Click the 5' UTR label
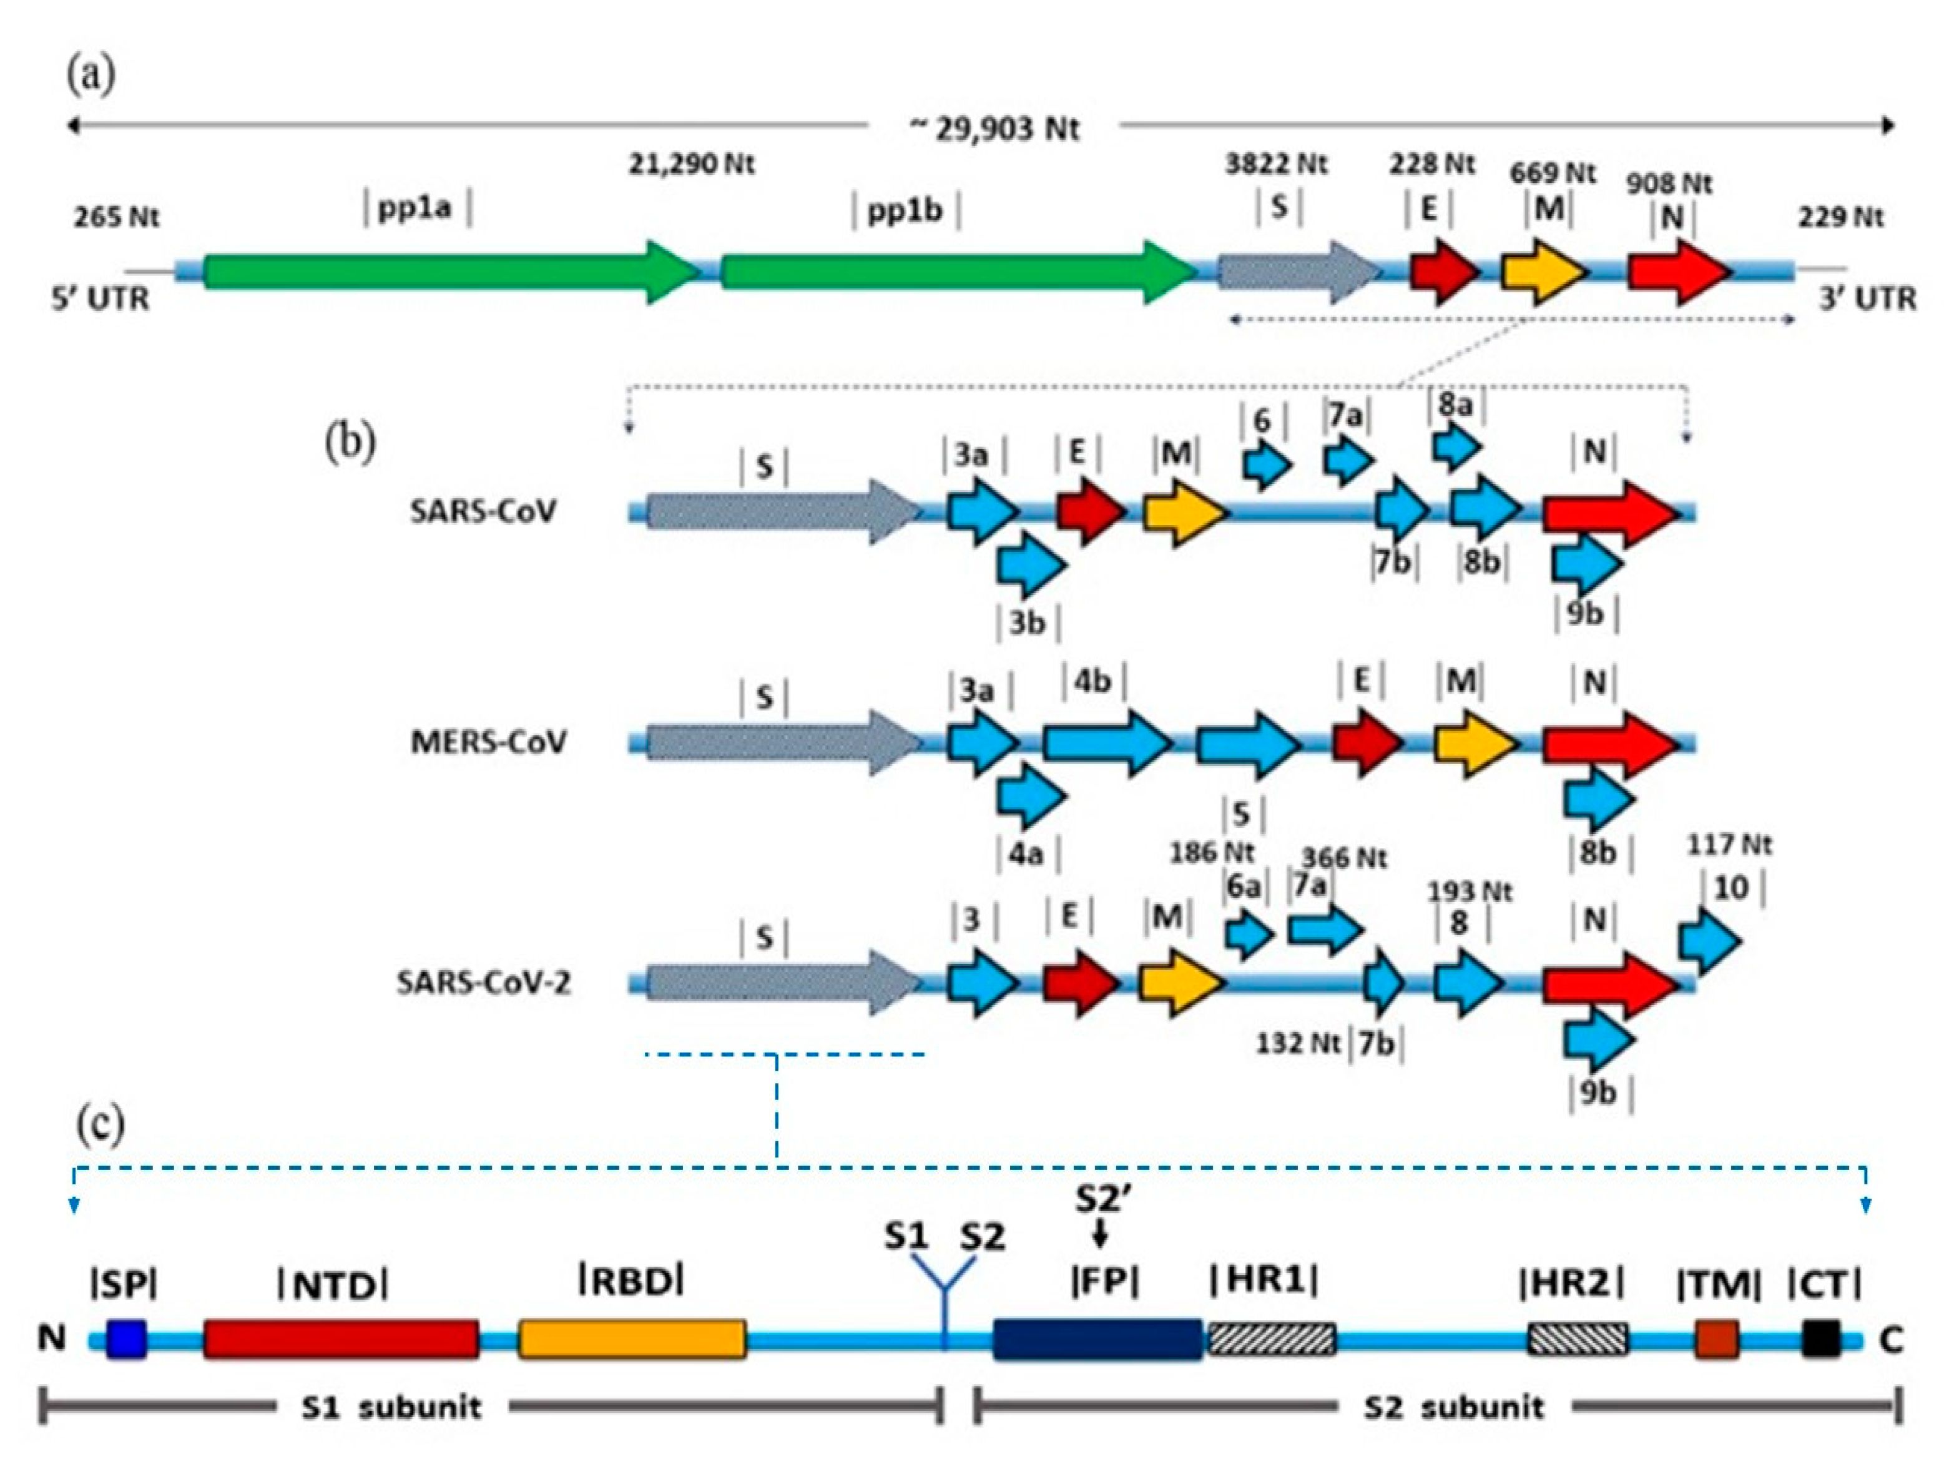tap(100, 299)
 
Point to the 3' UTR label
tap(1867, 299)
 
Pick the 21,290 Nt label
tap(691, 164)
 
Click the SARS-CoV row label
tap(483, 511)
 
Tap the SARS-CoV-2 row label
tap(483, 982)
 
